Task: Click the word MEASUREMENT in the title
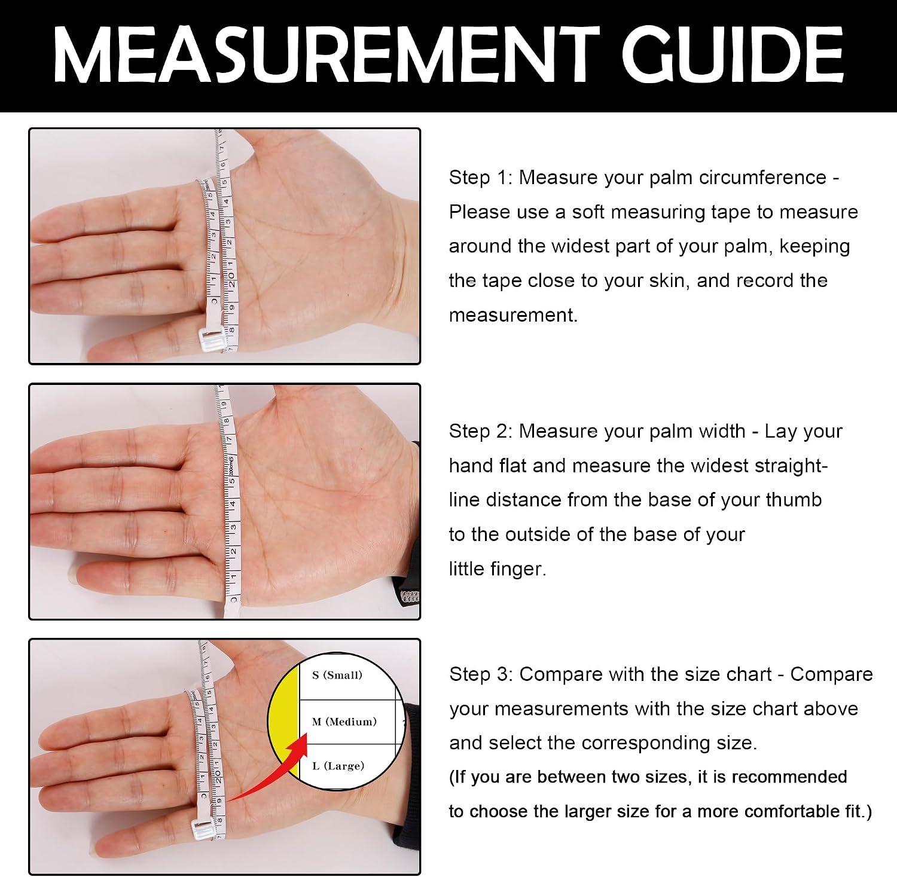pos(327,54)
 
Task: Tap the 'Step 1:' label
pos(481,178)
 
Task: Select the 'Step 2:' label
pos(481,431)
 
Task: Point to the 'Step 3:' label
pos(481,674)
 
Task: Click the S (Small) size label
pos(337,676)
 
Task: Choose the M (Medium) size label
pos(344,722)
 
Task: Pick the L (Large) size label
pos(338,766)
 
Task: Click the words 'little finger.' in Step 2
pos(498,569)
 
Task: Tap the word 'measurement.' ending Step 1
pos(513,315)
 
